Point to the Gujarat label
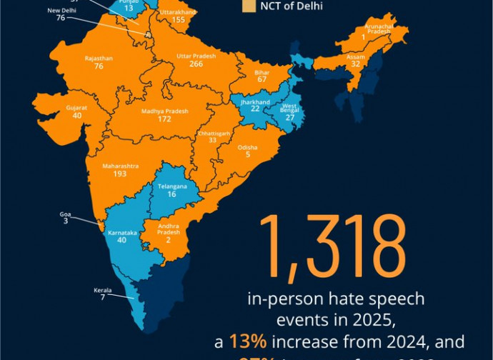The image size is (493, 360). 78,107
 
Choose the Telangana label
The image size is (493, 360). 171,186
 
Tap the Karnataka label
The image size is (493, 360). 121,232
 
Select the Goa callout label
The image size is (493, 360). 65,214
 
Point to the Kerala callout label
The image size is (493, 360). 103,291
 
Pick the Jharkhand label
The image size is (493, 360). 254,102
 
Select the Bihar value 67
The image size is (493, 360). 262,79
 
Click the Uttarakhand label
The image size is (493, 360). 179,12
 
